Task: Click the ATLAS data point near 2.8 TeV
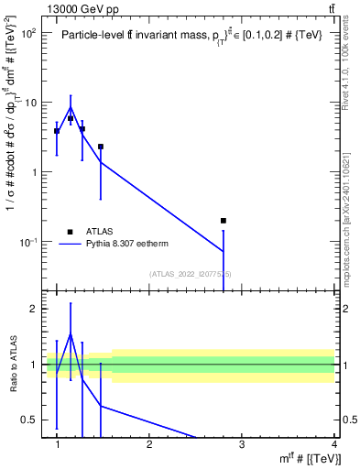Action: click(224, 221)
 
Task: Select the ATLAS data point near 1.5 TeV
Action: click(101, 147)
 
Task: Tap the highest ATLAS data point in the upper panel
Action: click(71, 118)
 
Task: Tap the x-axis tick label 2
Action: click(149, 444)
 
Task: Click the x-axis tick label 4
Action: click(333, 444)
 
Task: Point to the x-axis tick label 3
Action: click(241, 444)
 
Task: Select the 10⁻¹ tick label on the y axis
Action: click(29, 242)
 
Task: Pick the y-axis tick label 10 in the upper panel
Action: click(31, 103)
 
